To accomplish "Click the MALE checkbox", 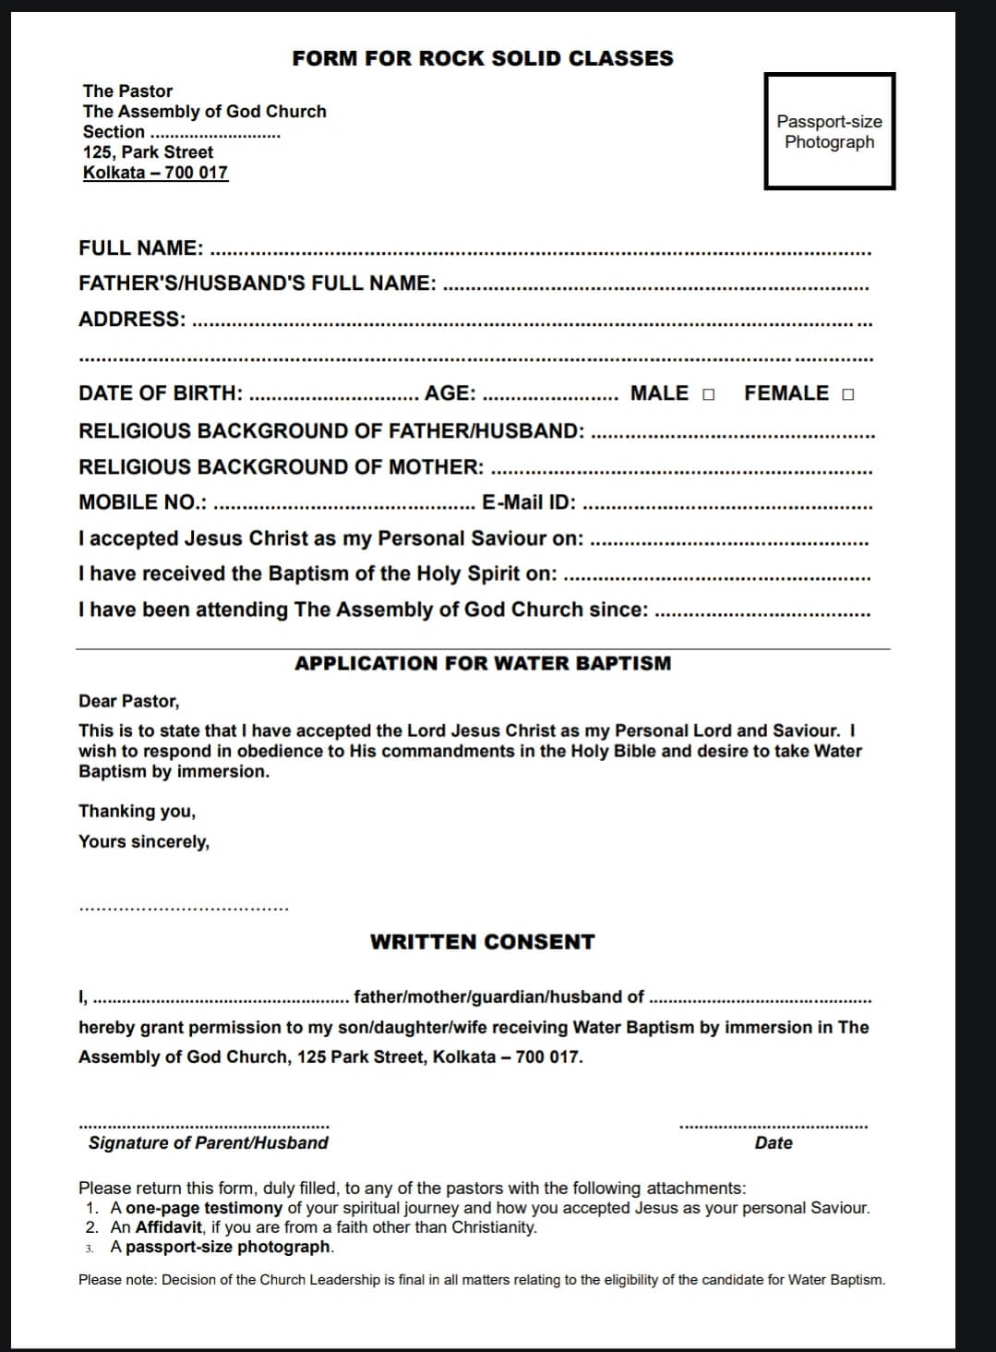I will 708,395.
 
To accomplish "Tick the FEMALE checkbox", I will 848,395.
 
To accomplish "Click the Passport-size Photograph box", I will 829,131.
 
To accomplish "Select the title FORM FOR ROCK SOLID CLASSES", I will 483,58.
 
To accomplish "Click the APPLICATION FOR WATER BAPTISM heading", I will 483,663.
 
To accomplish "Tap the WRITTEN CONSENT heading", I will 483,942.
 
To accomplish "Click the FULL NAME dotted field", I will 540,250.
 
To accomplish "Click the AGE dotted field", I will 550,397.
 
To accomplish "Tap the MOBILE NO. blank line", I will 343,506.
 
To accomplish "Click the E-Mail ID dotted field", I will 727,506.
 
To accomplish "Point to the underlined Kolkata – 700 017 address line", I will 155,173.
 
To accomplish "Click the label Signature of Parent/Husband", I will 209,1143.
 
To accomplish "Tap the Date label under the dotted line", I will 774,1143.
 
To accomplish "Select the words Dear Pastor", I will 129,701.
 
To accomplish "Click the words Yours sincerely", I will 144,841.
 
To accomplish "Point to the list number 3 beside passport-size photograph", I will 90,1248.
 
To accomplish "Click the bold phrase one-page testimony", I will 204,1208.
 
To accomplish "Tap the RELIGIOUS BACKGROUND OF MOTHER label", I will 281,467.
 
